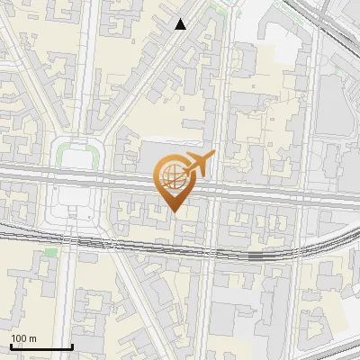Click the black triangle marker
[x=182, y=24]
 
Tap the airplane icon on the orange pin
[x=198, y=164]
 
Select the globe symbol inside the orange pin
[x=171, y=175]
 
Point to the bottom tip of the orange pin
[x=174, y=211]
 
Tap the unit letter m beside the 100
[x=32, y=338]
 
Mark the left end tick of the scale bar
[x=10, y=346]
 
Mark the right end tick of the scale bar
[x=72, y=346]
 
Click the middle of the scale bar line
[x=40, y=347]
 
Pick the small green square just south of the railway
[x=51, y=252]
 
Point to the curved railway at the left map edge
[x=4, y=236]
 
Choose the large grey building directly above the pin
[x=166, y=149]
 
